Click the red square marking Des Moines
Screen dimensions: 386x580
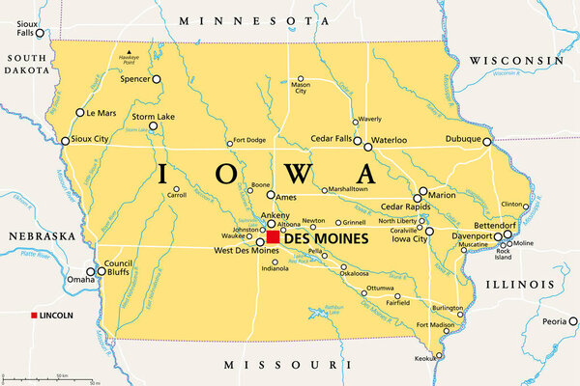click(273, 236)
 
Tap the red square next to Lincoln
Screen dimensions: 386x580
click(34, 317)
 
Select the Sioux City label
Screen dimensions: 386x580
click(95, 140)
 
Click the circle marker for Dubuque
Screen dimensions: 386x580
click(487, 141)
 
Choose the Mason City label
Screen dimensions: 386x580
click(301, 90)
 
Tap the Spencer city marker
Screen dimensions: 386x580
click(157, 80)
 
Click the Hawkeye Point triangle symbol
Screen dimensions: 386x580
click(129, 52)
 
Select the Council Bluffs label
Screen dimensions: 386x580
click(118, 267)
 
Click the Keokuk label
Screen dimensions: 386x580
click(424, 358)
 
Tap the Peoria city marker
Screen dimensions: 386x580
click(570, 321)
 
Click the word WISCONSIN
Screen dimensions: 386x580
click(517, 60)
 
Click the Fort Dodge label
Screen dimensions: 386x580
click(249, 140)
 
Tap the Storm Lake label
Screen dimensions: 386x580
click(153, 116)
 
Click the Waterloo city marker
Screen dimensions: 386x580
click(367, 147)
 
